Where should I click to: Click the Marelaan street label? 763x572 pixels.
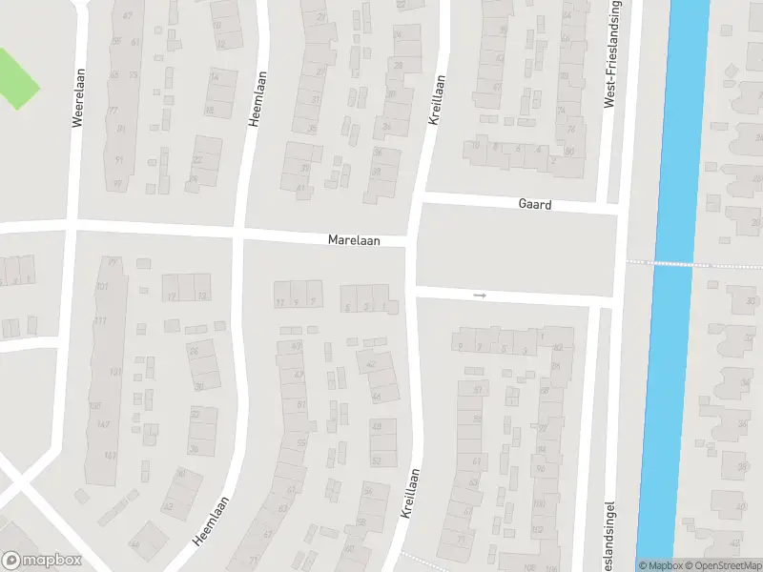(x=354, y=241)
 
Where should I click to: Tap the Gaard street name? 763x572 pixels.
(x=535, y=205)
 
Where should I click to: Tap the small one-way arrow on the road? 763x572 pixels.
(x=480, y=296)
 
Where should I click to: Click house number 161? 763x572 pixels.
(x=111, y=456)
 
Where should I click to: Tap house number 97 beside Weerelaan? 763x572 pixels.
(x=118, y=184)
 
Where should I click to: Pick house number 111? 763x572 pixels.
(x=100, y=320)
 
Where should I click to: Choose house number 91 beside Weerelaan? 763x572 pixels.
(x=119, y=160)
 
